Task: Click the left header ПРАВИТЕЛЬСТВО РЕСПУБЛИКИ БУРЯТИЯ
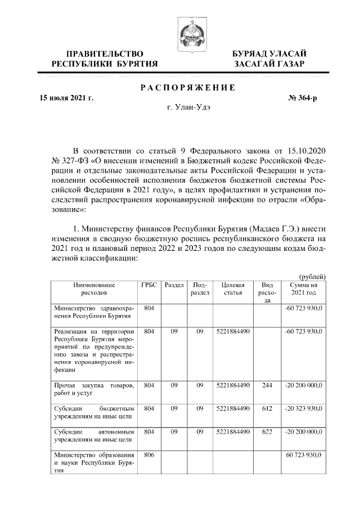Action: (x=105, y=58)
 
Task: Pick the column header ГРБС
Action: (x=148, y=285)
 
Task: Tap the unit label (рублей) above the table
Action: (x=312, y=276)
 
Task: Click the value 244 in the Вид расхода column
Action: (x=267, y=385)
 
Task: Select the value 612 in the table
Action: (x=267, y=408)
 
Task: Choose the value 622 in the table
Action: (x=267, y=431)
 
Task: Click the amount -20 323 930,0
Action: (x=304, y=408)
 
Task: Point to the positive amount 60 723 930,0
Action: (x=305, y=454)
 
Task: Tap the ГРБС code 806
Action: (x=148, y=454)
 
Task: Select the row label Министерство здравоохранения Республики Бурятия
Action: (x=93, y=312)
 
